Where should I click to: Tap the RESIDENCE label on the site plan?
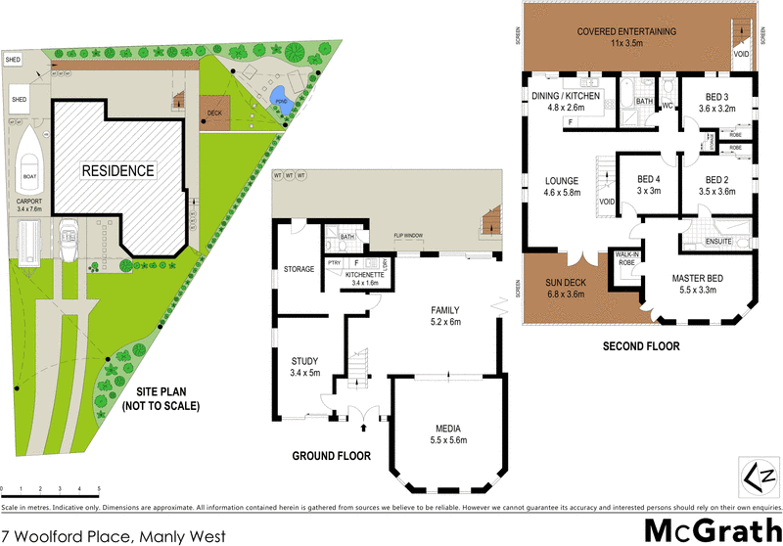point(117,170)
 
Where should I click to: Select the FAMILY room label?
point(445,314)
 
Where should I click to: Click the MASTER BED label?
point(697,284)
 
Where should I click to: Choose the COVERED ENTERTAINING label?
point(626,37)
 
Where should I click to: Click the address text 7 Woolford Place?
point(114,535)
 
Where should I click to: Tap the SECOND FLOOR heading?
point(642,345)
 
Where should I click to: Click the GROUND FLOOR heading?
point(332,455)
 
